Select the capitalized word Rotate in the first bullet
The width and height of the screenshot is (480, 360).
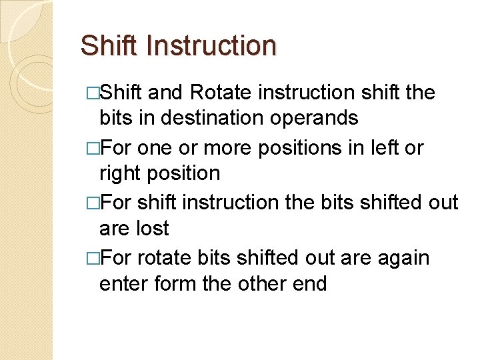pos(217,92)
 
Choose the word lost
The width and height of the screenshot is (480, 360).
pos(153,229)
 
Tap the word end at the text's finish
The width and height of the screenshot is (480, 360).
pos(309,284)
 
